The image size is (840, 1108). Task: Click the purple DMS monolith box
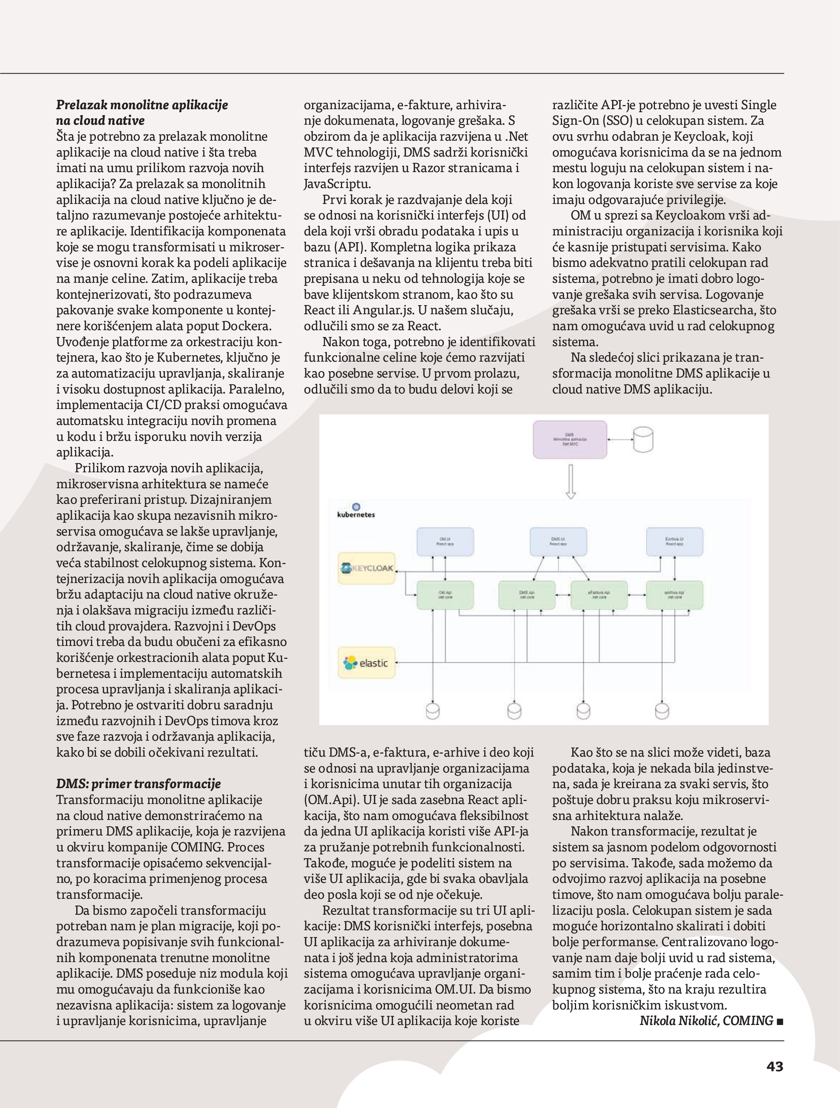(x=570, y=439)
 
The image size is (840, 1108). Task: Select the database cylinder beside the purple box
(x=643, y=439)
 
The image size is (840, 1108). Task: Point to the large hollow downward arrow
(x=570, y=481)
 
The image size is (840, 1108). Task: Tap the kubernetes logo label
(x=356, y=511)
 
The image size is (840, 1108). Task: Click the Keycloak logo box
(x=367, y=568)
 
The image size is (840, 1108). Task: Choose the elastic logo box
(x=367, y=663)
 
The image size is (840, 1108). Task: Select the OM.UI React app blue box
(x=445, y=541)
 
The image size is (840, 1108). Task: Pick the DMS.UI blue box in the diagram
(x=558, y=541)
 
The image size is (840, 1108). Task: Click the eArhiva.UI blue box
(x=675, y=541)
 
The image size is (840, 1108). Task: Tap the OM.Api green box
(x=445, y=595)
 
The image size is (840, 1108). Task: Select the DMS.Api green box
(x=527, y=595)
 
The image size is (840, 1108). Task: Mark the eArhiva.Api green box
(x=675, y=595)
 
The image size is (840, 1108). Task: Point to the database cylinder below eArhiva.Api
(x=662, y=711)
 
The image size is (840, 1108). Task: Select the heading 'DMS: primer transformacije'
(x=138, y=784)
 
